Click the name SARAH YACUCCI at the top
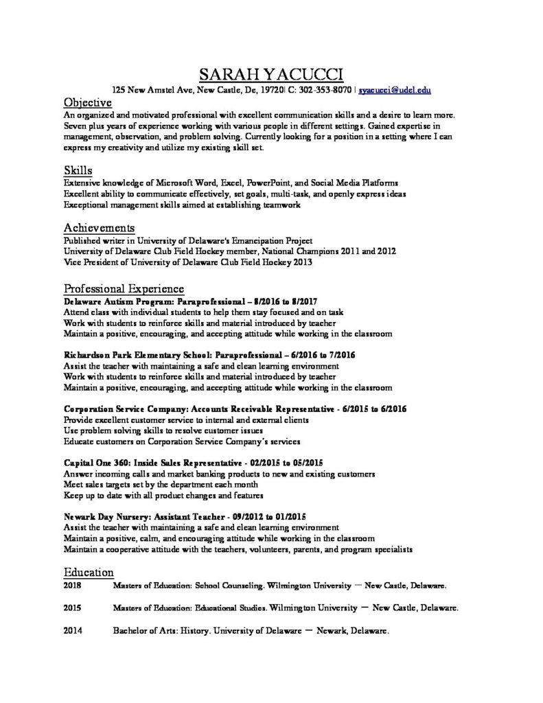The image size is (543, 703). pyautogui.click(x=271, y=74)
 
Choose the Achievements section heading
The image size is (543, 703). pyautogui.click(x=99, y=227)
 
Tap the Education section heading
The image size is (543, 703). pyautogui.click(x=89, y=572)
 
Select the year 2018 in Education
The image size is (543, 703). pyautogui.click(x=72, y=587)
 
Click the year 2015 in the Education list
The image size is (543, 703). pyautogui.click(x=72, y=608)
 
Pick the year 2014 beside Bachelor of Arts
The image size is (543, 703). pyautogui.click(x=72, y=630)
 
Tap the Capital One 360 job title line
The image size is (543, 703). pyautogui.click(x=193, y=462)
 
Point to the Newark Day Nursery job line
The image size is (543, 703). pyautogui.click(x=185, y=516)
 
